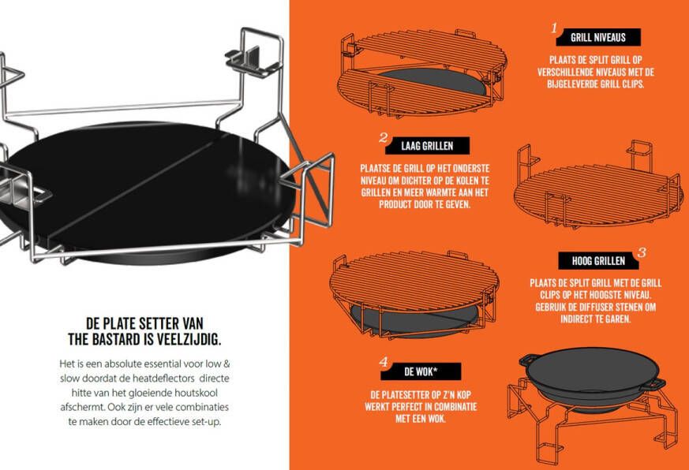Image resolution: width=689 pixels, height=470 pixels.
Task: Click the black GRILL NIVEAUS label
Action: (x=598, y=37)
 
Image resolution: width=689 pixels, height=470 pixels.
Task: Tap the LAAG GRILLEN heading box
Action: (x=427, y=146)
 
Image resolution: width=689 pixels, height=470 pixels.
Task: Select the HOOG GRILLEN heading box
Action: (x=598, y=261)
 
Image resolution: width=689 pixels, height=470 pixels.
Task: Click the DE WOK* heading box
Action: (x=421, y=371)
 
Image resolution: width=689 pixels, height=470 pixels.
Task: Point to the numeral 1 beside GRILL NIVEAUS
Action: (x=555, y=28)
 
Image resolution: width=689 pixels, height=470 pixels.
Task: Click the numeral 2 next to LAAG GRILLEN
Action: (x=383, y=138)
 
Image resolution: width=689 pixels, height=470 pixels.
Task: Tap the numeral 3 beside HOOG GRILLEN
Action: (x=642, y=252)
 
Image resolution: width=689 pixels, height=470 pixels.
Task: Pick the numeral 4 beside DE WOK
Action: (x=384, y=363)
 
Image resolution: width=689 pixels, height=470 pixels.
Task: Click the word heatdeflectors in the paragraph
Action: (x=163, y=379)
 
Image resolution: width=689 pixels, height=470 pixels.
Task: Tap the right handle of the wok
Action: (x=655, y=384)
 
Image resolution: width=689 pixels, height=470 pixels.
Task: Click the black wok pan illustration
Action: (x=591, y=380)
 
